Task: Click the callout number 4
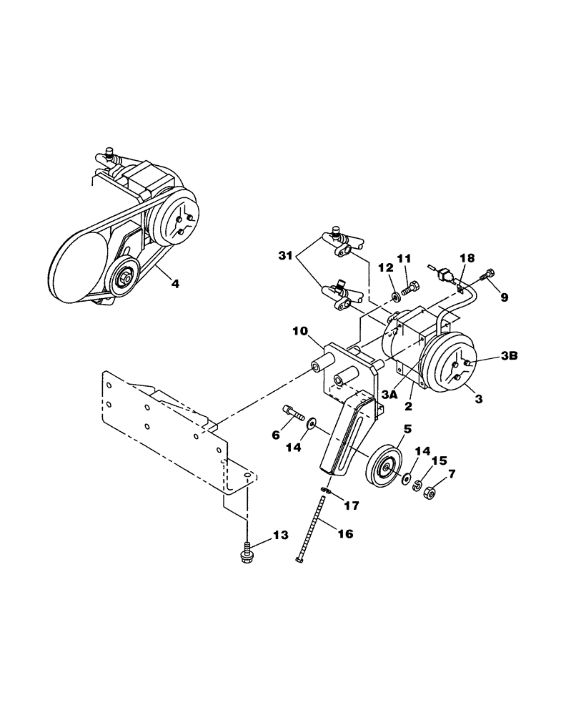(x=174, y=283)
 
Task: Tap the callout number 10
(x=299, y=331)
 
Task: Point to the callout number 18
(x=465, y=257)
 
